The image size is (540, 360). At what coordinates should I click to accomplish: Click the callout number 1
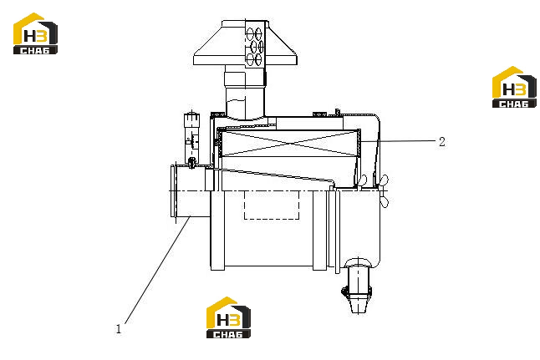pyautogui.click(x=119, y=329)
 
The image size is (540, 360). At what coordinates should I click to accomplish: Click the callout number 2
pyautogui.click(x=442, y=141)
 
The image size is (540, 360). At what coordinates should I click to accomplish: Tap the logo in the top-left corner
pyautogui.click(x=35, y=33)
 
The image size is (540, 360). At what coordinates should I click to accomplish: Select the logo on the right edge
pyautogui.click(x=514, y=87)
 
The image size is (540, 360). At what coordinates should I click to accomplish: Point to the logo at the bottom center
pyautogui.click(x=228, y=317)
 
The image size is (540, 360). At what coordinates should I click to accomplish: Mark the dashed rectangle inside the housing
pyautogui.click(x=272, y=205)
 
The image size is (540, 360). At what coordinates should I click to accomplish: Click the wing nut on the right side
pyautogui.click(x=384, y=191)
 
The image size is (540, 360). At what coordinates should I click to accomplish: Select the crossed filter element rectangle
pyautogui.click(x=289, y=144)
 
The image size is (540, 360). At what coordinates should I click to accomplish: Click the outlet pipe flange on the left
pyautogui.click(x=174, y=191)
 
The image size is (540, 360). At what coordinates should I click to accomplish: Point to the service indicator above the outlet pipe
pyautogui.click(x=191, y=139)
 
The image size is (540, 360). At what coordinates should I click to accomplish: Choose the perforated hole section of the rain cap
pyautogui.click(x=255, y=43)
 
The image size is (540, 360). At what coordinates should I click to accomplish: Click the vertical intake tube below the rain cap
pyautogui.click(x=245, y=92)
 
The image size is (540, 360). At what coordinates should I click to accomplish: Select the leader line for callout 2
pyautogui.click(x=398, y=141)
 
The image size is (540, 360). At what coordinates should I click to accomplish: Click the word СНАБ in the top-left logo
pyautogui.click(x=35, y=51)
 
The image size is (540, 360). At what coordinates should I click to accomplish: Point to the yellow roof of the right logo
pyautogui.click(x=508, y=81)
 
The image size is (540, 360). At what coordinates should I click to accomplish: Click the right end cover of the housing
pyautogui.click(x=358, y=228)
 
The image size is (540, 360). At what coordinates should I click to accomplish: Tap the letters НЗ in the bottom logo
pyautogui.click(x=227, y=321)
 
